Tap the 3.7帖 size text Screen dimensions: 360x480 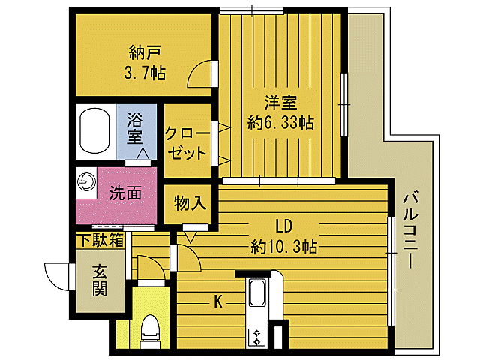pos(145,73)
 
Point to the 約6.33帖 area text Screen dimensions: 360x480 pos(280,123)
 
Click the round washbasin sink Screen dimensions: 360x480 pos(84,182)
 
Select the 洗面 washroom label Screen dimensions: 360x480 pos(125,193)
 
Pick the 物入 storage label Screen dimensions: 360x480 pos(190,202)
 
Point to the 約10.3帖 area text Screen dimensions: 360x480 pos(284,246)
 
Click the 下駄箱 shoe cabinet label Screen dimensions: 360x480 pos(100,240)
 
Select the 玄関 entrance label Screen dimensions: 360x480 pos(100,279)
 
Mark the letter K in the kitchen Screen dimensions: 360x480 pos(218,301)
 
